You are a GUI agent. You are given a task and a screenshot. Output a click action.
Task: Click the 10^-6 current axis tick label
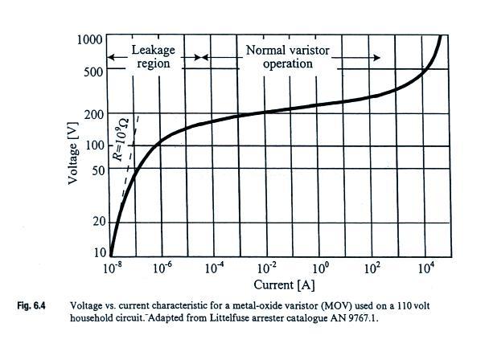pos(163,269)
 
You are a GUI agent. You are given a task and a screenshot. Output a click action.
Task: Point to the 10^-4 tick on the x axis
pos(215,269)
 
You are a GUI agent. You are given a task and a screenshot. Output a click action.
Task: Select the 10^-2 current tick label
pos(267,269)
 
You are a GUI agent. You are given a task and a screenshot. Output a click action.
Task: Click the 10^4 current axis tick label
pos(425,269)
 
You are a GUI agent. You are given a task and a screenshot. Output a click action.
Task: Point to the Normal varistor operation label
pos(288,56)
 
